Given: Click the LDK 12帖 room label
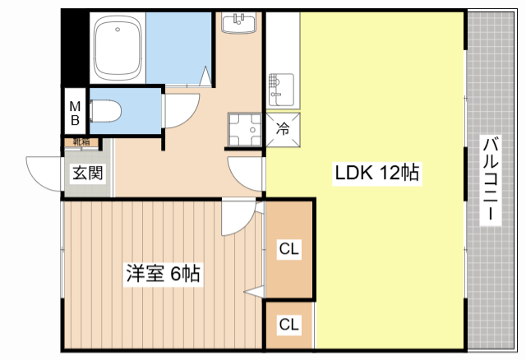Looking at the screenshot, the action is pyautogui.click(x=377, y=173).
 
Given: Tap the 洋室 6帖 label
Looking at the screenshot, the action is pyautogui.click(x=163, y=274).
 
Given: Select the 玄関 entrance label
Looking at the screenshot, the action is pyautogui.click(x=88, y=173).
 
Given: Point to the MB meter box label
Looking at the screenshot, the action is pyautogui.click(x=75, y=113).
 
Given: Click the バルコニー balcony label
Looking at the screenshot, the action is pyautogui.click(x=491, y=178).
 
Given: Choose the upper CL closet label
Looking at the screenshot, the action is pyautogui.click(x=288, y=249).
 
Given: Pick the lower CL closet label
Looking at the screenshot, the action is pyautogui.click(x=288, y=325).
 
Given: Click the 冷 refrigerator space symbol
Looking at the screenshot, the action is pyautogui.click(x=283, y=130).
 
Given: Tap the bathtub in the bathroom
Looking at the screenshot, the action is pyautogui.click(x=118, y=47).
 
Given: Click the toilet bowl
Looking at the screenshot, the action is pyautogui.click(x=105, y=112).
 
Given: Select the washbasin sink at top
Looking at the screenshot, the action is pyautogui.click(x=239, y=23).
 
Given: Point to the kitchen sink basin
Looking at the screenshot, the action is pyautogui.click(x=281, y=90).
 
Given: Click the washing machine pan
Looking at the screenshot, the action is pyautogui.click(x=245, y=130).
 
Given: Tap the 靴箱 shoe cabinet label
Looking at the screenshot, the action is pyautogui.click(x=82, y=142).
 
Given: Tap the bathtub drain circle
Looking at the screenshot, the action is pyautogui.click(x=118, y=30).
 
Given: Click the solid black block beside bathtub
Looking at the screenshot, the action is pyautogui.click(x=75, y=48).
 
